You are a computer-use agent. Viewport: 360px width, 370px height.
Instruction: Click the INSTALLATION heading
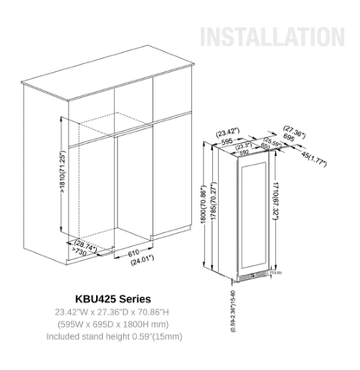[269, 37]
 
